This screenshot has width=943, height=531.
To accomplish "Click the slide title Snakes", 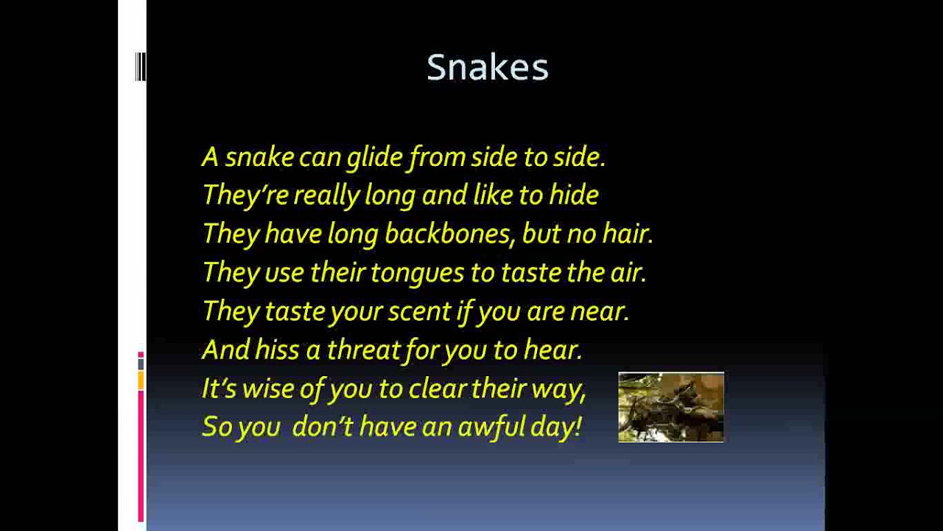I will coord(487,68).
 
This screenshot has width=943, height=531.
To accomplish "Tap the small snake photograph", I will coord(670,407).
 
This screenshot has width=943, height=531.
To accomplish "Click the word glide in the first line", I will coord(374,157).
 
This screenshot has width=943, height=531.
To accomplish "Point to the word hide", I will coord(574,195).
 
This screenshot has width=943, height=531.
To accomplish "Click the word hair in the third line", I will coord(628,234).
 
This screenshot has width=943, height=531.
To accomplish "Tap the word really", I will coord(326,195).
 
